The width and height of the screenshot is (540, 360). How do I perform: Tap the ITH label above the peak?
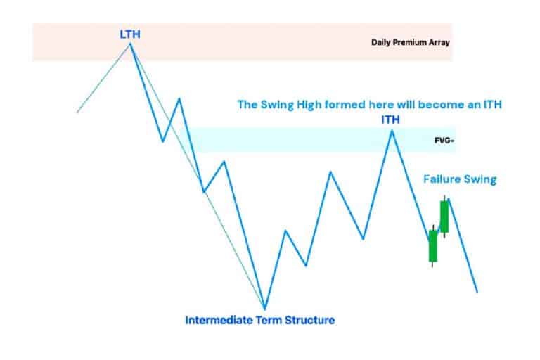(390, 120)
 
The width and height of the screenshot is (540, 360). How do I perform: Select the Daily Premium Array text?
(410, 42)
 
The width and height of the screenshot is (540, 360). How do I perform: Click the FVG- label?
(444, 141)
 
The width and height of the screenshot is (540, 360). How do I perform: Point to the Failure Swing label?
(459, 179)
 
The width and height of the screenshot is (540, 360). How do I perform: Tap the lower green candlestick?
(432, 245)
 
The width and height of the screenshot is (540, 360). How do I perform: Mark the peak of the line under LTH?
(130, 44)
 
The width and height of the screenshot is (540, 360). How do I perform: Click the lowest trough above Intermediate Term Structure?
(264, 308)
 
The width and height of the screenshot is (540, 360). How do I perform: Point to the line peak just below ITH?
(392, 131)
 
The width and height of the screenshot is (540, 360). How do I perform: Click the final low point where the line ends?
(477, 291)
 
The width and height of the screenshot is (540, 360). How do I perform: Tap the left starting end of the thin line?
(77, 111)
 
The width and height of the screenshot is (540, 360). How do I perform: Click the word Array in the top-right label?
(439, 42)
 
